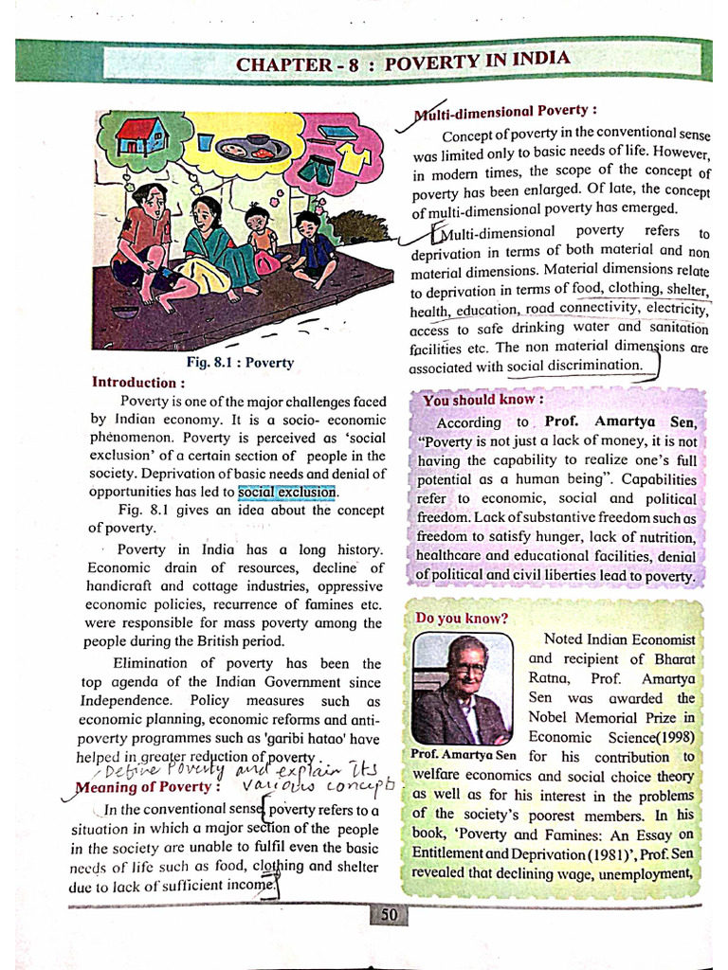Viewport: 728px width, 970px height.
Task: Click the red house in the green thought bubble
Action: (141, 138)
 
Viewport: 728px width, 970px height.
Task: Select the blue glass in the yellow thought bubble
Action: (206, 143)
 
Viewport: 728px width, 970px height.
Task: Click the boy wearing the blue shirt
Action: (313, 249)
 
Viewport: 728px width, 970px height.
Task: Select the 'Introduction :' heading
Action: (134, 383)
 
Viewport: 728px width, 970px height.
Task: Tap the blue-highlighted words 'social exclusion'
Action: (287, 493)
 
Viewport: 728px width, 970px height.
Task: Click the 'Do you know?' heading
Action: (462, 618)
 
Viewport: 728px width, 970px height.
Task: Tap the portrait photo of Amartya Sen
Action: (462, 690)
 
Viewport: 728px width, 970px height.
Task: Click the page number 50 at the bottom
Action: (389, 914)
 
